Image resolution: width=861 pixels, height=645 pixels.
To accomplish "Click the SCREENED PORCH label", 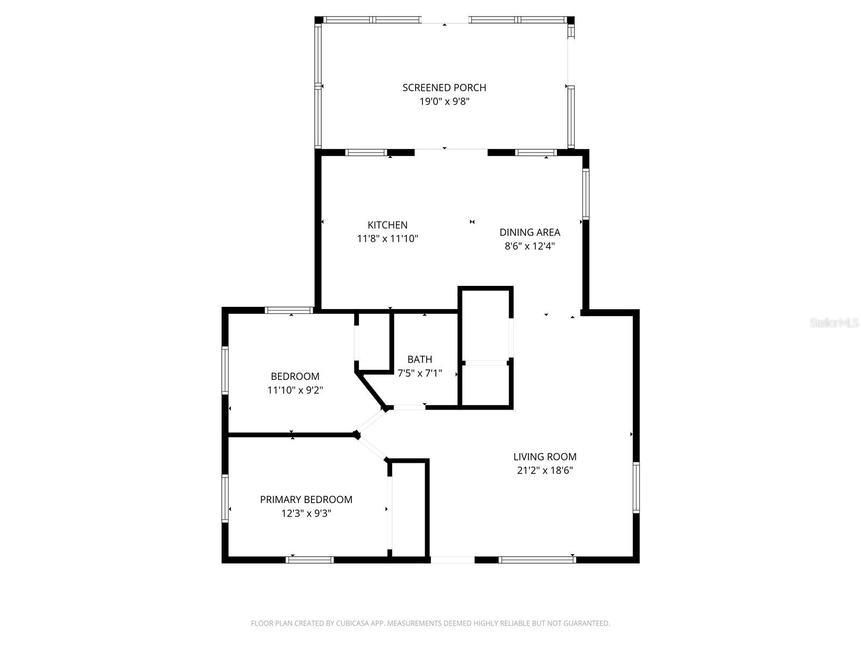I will click(444, 88).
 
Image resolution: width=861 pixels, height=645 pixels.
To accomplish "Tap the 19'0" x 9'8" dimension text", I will click(444, 102).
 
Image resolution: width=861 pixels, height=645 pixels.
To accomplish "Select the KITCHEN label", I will click(387, 225).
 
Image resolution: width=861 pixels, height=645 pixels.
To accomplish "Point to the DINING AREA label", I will click(530, 232).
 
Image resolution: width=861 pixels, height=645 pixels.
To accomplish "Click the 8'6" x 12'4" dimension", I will click(530, 246).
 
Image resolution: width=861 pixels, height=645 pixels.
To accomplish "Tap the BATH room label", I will click(419, 359).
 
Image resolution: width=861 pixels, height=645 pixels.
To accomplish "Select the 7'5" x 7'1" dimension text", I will click(419, 373).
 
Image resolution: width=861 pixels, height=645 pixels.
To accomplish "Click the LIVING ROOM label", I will click(545, 457).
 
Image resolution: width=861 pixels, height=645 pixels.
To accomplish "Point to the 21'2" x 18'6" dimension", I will click(545, 471).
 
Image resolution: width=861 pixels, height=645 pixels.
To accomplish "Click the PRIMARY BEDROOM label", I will click(306, 499).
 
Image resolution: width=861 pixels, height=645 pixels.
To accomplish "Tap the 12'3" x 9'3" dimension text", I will click(306, 513).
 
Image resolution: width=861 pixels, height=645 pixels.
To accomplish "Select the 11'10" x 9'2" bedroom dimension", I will click(295, 390).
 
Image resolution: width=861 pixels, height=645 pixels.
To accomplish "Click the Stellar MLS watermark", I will click(834, 323).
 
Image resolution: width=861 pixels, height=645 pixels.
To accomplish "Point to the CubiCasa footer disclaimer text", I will click(430, 623).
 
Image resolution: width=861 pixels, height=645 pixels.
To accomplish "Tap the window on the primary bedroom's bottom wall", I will click(309, 560).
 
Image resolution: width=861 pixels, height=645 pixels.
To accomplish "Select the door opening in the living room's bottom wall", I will click(453, 560).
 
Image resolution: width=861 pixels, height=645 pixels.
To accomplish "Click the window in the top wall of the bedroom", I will click(289, 310).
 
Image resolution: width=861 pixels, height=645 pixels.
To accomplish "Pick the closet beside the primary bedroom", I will click(409, 508).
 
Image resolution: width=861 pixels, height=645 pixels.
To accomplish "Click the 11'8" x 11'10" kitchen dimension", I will click(387, 239).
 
